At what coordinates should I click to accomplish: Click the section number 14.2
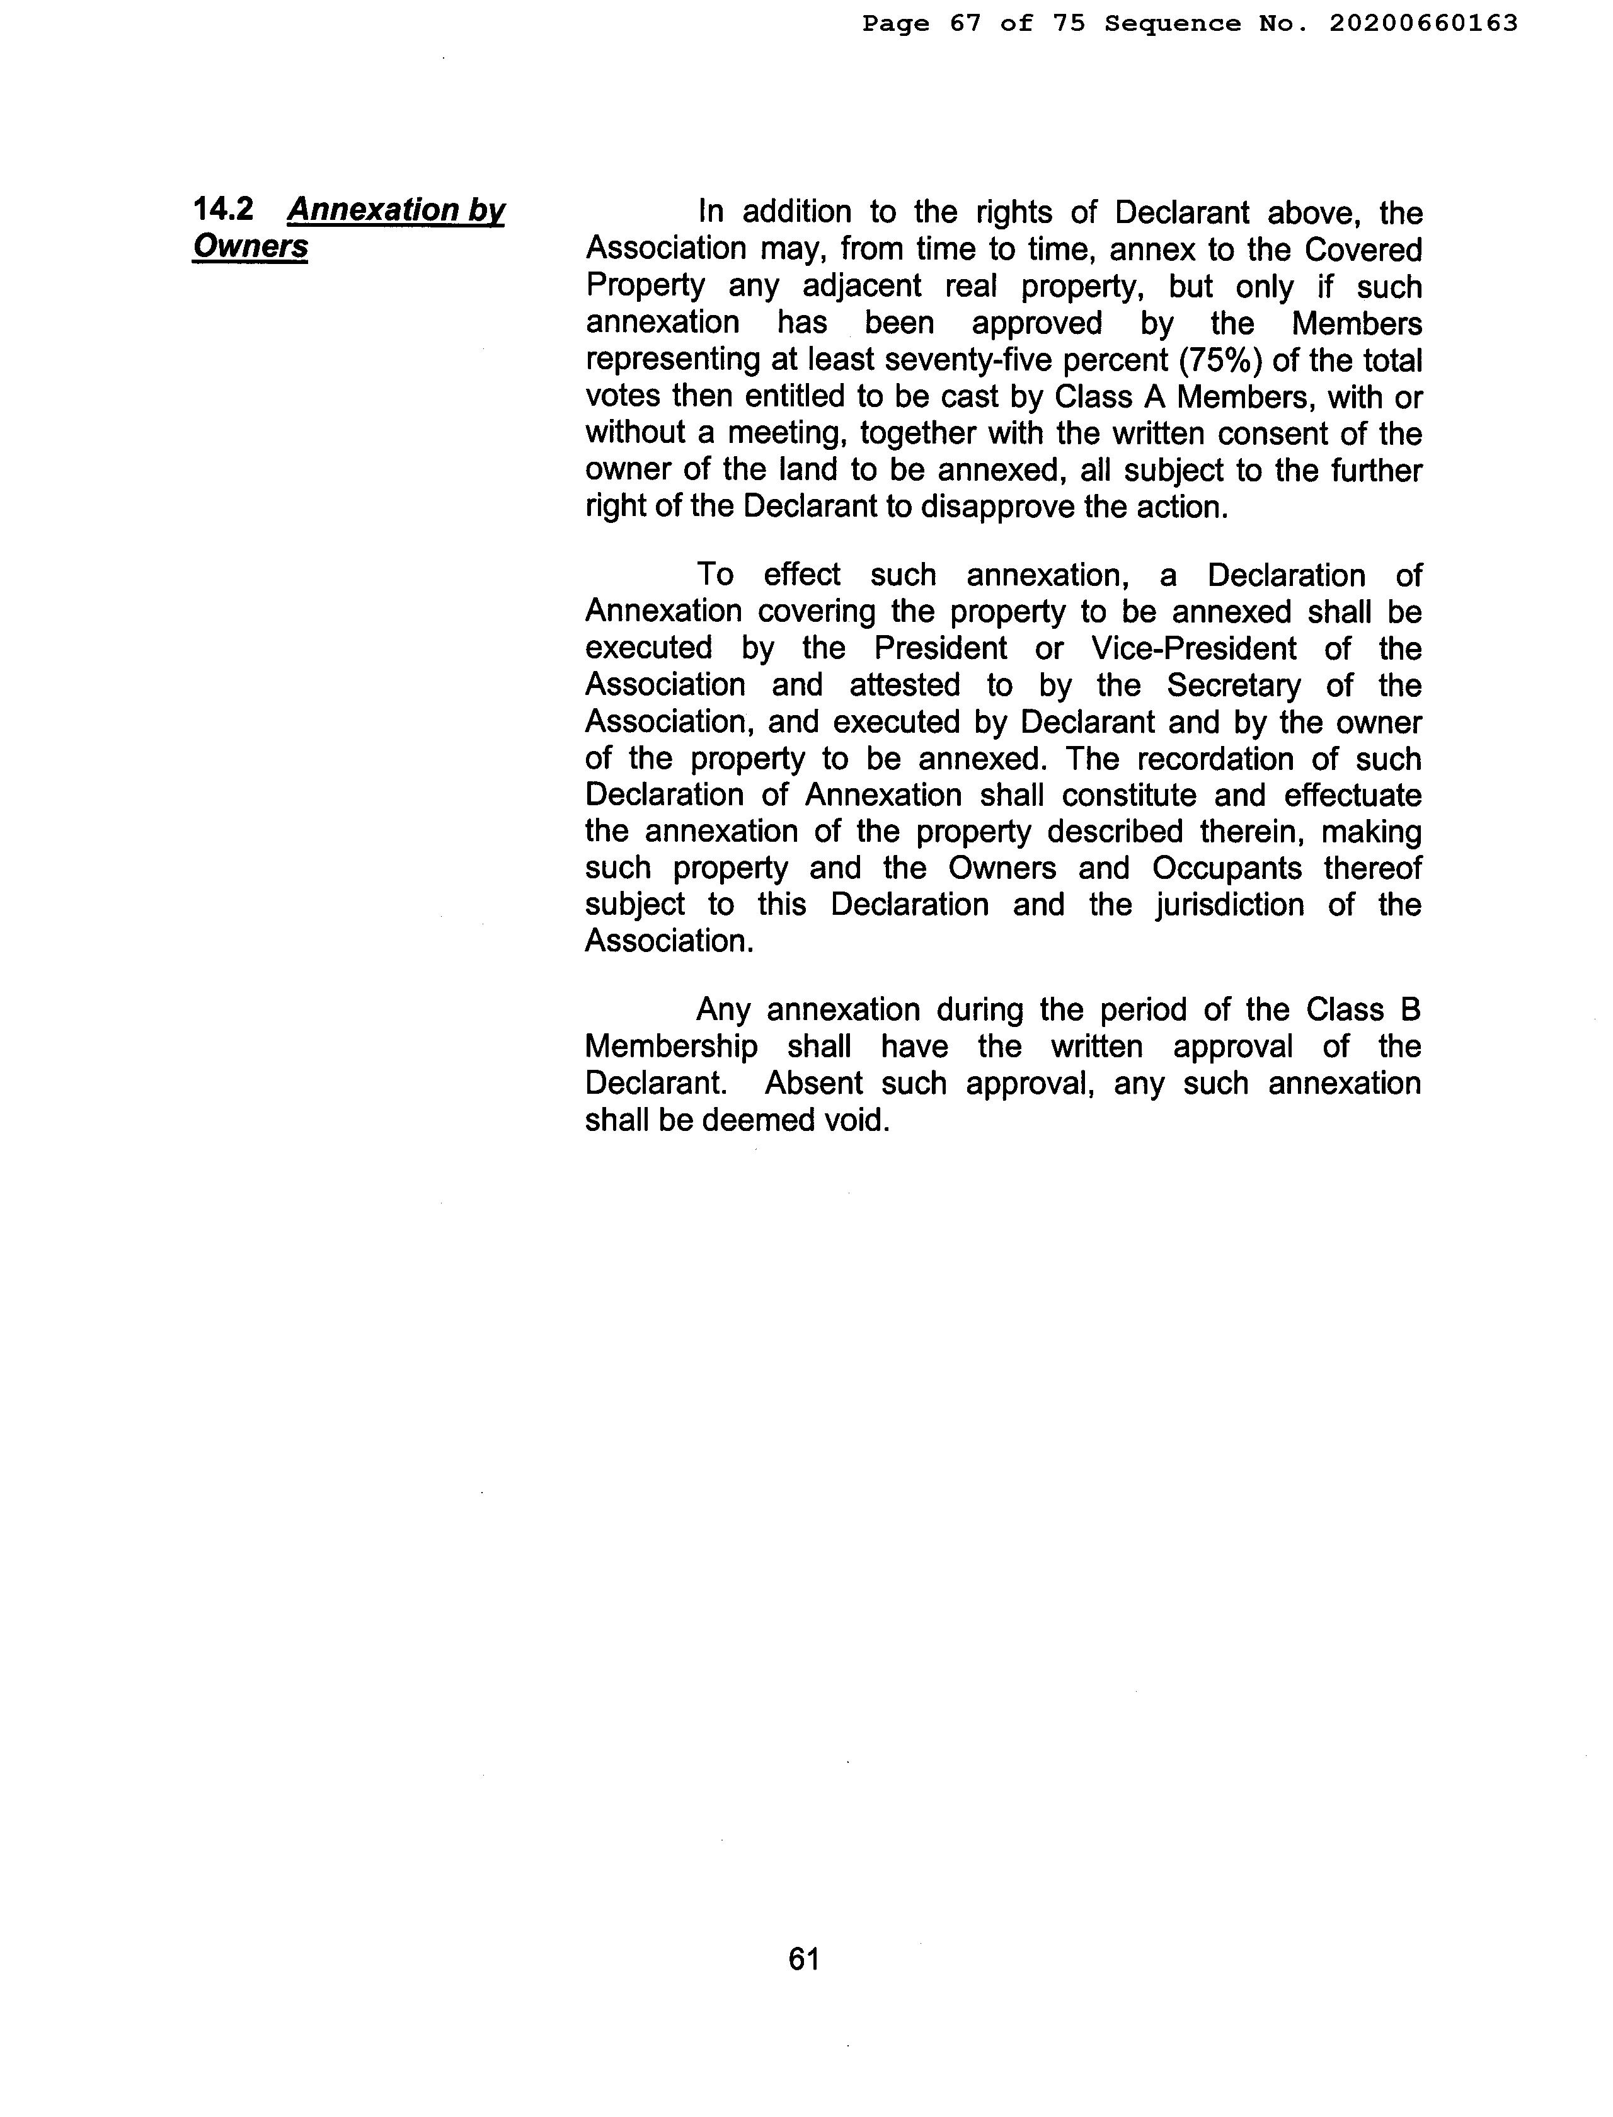point(223,209)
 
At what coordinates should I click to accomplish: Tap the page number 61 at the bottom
point(803,1959)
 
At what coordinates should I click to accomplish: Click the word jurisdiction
point(1228,904)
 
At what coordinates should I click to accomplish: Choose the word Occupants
point(1226,868)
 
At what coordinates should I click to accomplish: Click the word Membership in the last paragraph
point(671,1047)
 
